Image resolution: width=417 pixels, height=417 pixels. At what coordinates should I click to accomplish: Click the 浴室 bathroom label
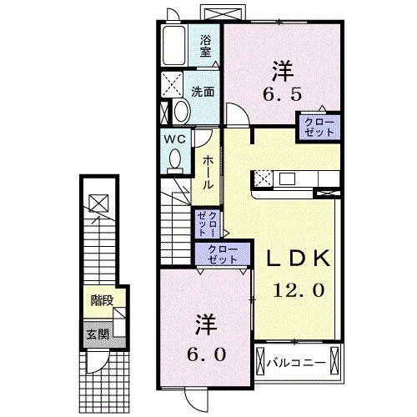tap(205, 43)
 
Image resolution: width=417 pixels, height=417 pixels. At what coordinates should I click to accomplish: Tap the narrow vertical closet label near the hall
tap(208, 223)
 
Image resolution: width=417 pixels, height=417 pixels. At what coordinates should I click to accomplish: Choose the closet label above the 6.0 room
tap(222, 253)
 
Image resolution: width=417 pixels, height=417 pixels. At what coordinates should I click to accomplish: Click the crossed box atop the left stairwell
tap(98, 202)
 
